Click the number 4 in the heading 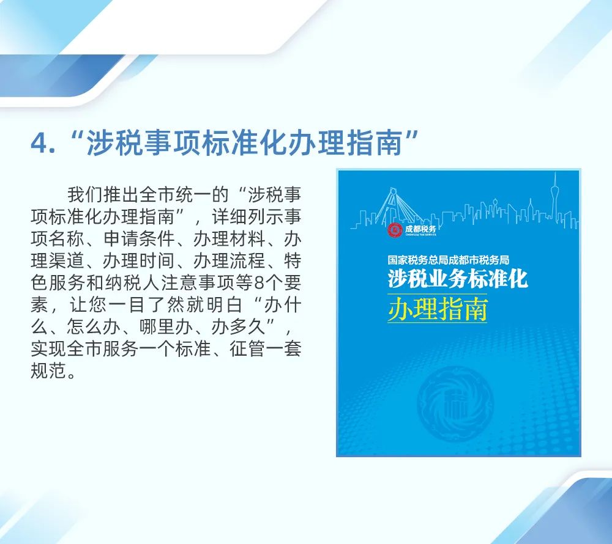tap(39, 143)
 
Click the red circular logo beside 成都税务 tap(395, 230)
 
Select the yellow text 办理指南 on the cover tap(438, 309)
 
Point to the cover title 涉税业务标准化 tap(457, 278)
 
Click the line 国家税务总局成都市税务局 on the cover tap(448, 260)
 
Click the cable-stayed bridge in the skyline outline tap(398, 207)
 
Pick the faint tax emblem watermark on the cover tap(455, 403)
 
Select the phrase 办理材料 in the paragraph tap(229, 238)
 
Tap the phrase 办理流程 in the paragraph tap(229, 260)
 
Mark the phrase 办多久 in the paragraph tap(239, 326)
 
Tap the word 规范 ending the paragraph tap(48, 370)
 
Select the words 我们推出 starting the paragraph tap(103, 194)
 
